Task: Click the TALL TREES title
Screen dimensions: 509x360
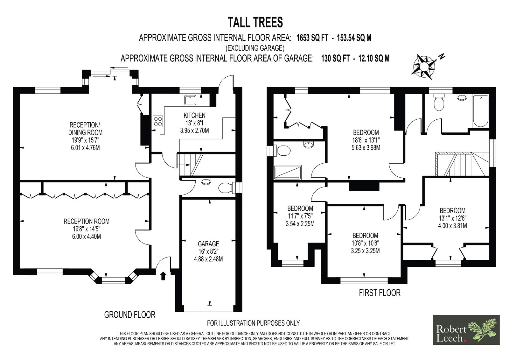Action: (x=255, y=23)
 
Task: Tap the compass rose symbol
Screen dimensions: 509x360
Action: (x=424, y=67)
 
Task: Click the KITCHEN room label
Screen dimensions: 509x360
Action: (x=194, y=115)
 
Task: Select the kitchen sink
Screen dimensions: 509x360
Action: (x=190, y=100)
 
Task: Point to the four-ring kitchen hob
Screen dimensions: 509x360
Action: (x=158, y=121)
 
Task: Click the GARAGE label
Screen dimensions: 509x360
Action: (x=208, y=244)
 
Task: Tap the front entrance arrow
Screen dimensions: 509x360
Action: (x=164, y=276)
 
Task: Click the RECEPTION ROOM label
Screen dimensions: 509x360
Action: (x=86, y=221)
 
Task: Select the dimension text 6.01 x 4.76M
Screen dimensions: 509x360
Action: (x=85, y=148)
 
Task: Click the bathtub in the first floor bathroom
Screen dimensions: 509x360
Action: (x=481, y=111)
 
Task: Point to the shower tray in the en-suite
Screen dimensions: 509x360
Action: (x=288, y=172)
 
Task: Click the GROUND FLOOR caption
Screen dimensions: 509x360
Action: (x=130, y=315)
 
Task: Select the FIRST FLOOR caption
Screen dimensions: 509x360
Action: (x=380, y=293)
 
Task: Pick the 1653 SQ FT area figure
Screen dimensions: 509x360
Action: (x=312, y=38)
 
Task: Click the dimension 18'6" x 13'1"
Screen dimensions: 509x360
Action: (x=366, y=140)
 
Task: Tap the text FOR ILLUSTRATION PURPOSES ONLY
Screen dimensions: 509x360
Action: (x=253, y=323)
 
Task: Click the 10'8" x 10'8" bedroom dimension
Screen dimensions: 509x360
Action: (x=365, y=243)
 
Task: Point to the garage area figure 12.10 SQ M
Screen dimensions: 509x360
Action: (x=374, y=59)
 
